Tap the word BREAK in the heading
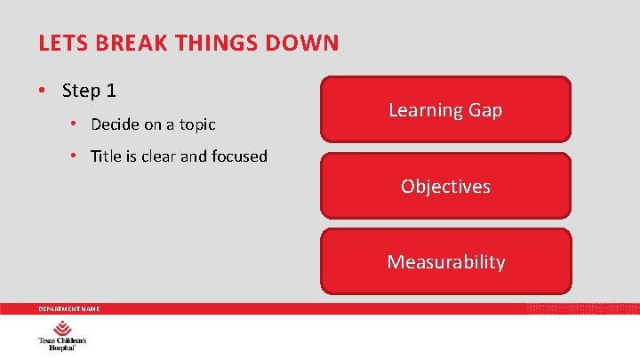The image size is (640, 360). pyautogui.click(x=123, y=43)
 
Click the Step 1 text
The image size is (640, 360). pyautogui.click(x=89, y=91)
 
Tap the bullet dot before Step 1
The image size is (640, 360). pyautogui.click(x=43, y=92)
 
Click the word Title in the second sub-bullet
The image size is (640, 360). pyautogui.click(x=106, y=156)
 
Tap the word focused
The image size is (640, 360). pyautogui.click(x=238, y=156)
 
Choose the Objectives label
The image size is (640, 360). pyautogui.click(x=445, y=187)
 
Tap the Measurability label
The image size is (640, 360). pyautogui.click(x=445, y=262)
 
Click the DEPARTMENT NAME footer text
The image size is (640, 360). pyautogui.click(x=68, y=308)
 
